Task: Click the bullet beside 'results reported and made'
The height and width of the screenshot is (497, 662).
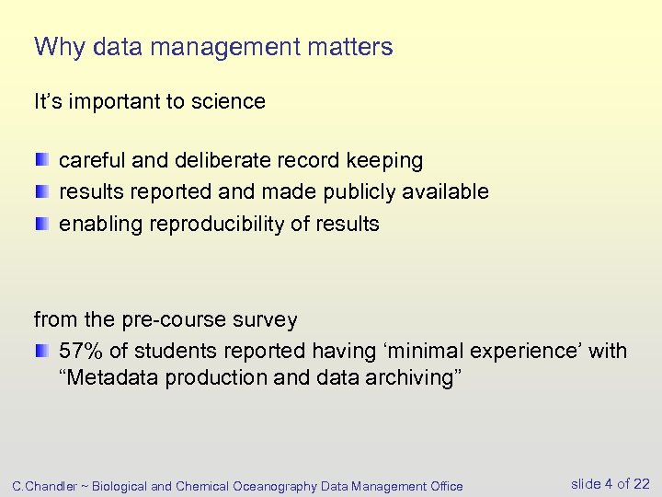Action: tap(42, 191)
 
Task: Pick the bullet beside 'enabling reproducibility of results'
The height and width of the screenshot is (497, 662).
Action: tap(42, 223)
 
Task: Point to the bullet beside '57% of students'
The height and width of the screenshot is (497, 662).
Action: tap(42, 351)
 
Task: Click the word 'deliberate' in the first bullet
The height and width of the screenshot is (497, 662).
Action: tap(202, 161)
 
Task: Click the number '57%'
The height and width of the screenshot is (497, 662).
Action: tap(81, 351)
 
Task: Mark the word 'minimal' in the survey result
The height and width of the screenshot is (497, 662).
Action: tap(426, 351)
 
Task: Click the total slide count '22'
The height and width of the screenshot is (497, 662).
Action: tap(642, 484)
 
